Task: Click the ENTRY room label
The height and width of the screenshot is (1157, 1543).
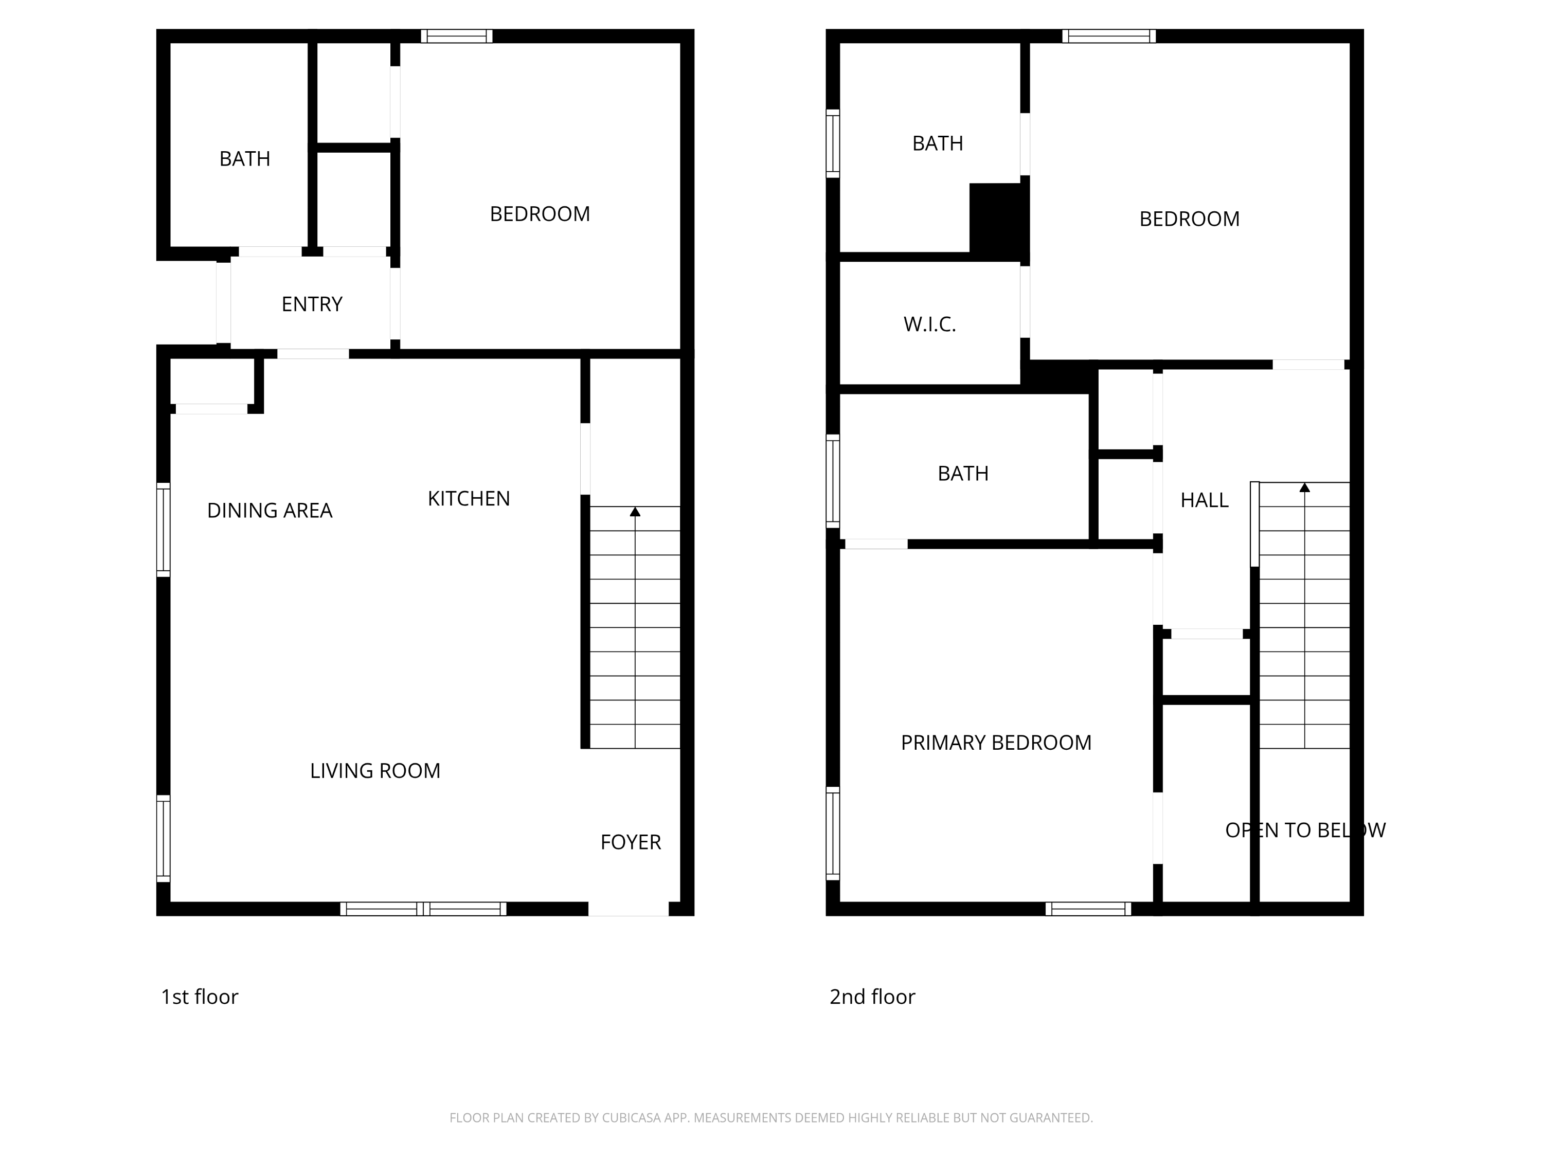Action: (x=312, y=304)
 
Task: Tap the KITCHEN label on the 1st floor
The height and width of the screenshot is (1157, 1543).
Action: (x=469, y=499)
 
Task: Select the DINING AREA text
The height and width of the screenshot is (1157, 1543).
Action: (x=270, y=511)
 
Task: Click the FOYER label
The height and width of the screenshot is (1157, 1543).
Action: (x=631, y=842)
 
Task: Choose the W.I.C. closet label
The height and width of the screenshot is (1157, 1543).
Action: (x=929, y=324)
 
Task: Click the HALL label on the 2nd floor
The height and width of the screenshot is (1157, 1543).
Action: (x=1204, y=500)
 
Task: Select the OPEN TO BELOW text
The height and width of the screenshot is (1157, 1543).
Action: (x=1305, y=830)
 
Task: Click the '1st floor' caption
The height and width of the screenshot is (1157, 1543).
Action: (x=200, y=997)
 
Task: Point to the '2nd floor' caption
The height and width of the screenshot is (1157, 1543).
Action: (x=872, y=997)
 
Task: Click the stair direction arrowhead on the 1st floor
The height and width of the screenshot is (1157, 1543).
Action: (x=635, y=512)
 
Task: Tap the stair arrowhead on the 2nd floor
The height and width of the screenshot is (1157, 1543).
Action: (x=1304, y=487)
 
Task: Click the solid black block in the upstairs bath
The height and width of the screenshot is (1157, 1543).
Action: (x=997, y=220)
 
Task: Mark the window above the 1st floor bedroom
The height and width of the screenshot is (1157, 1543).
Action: (x=456, y=37)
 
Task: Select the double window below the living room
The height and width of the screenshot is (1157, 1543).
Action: (x=423, y=909)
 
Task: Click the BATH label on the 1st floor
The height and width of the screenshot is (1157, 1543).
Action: (x=244, y=159)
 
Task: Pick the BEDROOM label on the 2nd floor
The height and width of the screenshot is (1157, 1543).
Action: (x=1189, y=219)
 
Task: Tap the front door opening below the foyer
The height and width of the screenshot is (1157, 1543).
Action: (x=628, y=909)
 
